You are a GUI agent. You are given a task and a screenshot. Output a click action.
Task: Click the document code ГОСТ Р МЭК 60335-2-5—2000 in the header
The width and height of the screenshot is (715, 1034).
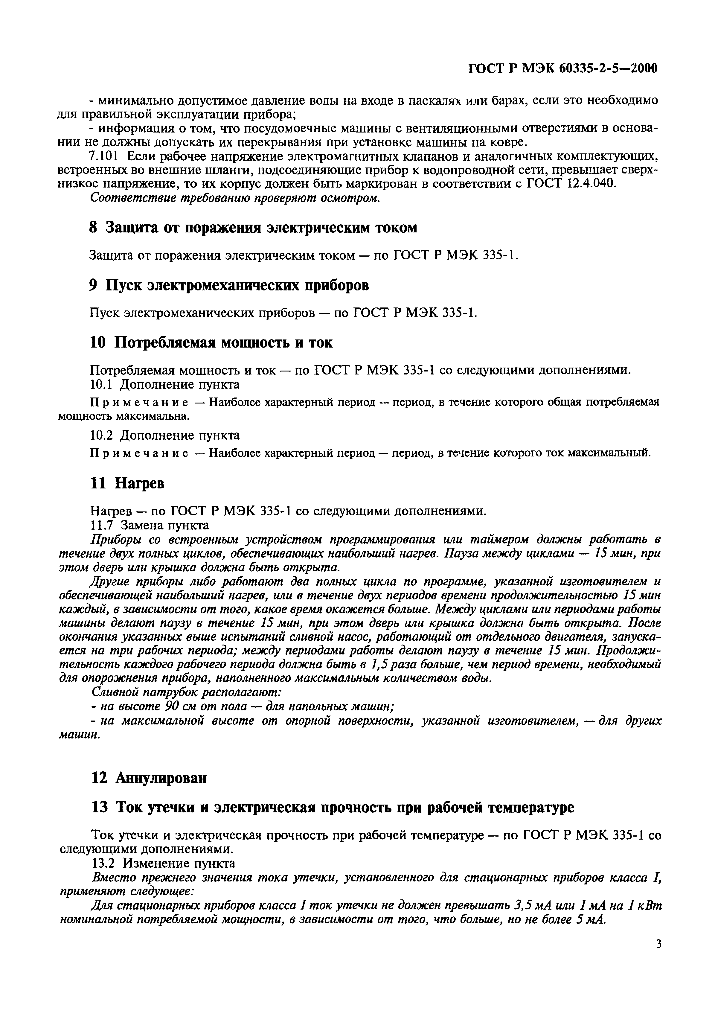click(563, 68)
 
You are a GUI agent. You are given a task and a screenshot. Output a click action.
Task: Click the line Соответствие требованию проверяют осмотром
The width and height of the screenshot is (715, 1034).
click(235, 198)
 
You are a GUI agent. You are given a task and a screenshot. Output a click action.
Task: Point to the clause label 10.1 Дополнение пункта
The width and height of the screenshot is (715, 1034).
click(165, 384)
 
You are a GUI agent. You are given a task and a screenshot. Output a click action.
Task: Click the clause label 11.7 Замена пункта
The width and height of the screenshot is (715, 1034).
click(150, 525)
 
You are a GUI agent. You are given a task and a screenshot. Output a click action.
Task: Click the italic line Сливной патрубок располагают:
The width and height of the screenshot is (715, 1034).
click(186, 692)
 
